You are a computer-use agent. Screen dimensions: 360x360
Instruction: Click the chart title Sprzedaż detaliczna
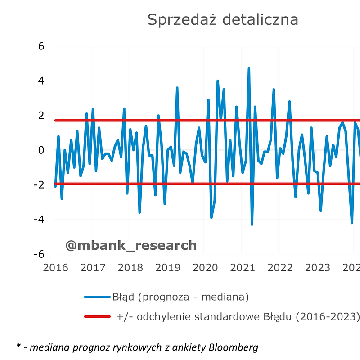(x=223, y=20)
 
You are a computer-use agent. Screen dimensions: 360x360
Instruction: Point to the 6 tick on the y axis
(x=40, y=46)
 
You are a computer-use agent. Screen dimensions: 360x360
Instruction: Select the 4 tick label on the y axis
(x=40, y=81)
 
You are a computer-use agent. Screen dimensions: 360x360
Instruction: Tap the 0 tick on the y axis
(x=40, y=150)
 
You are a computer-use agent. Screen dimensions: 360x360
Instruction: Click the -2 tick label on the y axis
(x=39, y=185)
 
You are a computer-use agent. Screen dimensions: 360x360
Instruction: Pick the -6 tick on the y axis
(x=39, y=254)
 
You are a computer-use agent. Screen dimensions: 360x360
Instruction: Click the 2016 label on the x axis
(x=55, y=268)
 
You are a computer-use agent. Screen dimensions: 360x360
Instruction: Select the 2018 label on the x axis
(x=130, y=268)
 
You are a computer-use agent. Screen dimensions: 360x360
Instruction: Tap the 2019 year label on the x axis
(x=168, y=268)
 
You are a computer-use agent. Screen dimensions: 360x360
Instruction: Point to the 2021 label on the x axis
(x=243, y=268)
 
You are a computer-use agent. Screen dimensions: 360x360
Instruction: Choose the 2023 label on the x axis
(x=318, y=268)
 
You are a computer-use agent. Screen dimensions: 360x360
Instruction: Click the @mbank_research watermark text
(x=131, y=245)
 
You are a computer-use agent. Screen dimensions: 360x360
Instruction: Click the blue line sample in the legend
(x=97, y=297)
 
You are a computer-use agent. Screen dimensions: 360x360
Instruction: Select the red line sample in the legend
(x=97, y=317)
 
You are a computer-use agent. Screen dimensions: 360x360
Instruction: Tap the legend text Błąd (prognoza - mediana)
(x=180, y=297)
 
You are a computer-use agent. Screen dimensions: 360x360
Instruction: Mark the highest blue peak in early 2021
(x=249, y=69)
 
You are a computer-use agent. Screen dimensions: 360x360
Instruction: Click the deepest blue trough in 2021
(x=252, y=224)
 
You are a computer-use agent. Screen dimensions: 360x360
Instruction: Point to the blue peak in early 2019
(x=177, y=88)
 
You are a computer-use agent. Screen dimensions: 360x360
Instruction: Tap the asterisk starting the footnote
(x=18, y=346)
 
